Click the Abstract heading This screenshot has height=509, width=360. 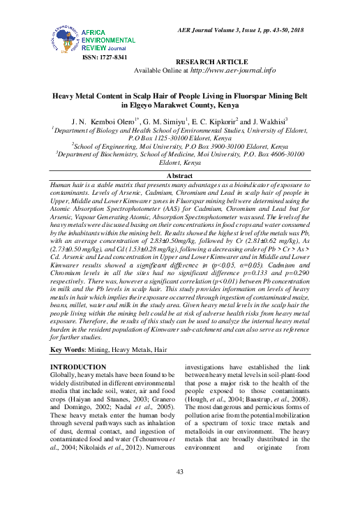click(181, 175)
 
